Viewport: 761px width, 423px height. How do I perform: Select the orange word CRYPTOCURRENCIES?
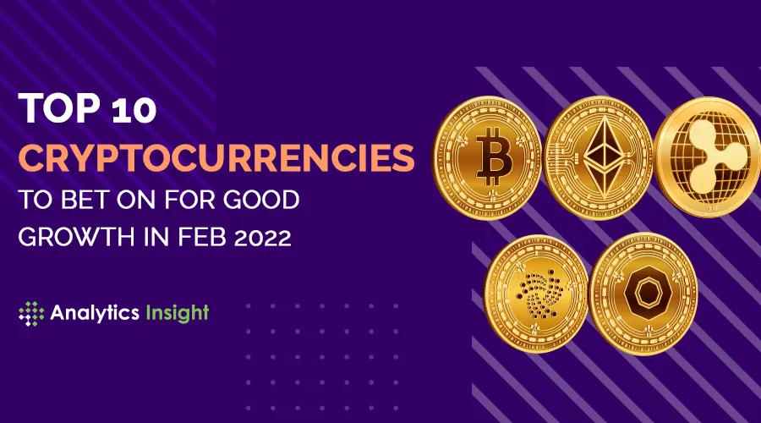[216, 157]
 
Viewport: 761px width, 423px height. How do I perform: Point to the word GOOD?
[260, 200]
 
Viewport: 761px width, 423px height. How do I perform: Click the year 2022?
[262, 237]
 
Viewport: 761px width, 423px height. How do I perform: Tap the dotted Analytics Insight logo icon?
[31, 313]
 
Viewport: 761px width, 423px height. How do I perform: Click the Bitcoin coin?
[487, 157]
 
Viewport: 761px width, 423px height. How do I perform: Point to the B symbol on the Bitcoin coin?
[494, 157]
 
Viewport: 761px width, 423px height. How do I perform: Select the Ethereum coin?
[599, 157]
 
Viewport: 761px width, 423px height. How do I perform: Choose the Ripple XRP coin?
[708, 157]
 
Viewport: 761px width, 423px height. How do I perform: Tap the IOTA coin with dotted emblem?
[536, 294]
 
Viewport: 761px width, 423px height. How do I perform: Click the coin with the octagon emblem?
[643, 294]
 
